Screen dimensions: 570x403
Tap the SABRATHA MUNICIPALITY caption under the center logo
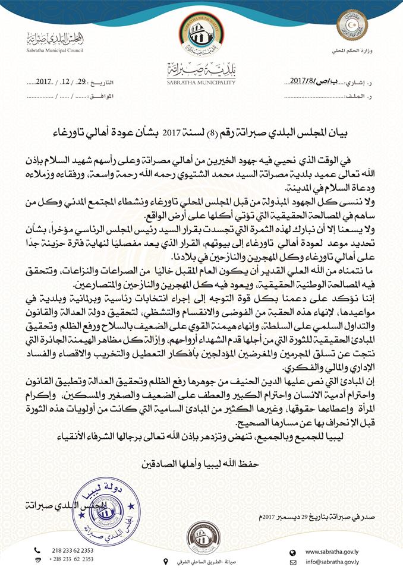[201, 83]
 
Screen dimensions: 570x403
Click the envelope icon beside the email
[292, 559]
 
